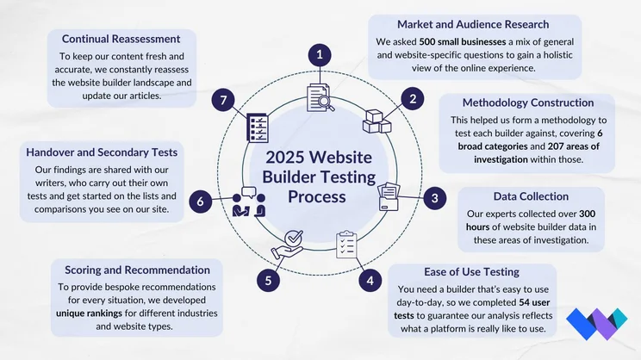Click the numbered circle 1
click(320, 55)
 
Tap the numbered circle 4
click(370, 281)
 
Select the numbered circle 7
click(223, 100)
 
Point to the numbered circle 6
click(200, 202)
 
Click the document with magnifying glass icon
click(320, 97)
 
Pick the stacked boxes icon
click(377, 121)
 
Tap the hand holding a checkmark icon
click(288, 244)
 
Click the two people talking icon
click(248, 202)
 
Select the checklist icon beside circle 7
click(258, 127)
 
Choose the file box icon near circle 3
click(389, 196)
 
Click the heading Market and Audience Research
click(473, 24)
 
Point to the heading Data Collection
click(531, 196)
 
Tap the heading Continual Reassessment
click(121, 39)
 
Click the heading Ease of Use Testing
click(471, 272)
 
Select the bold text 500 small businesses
click(463, 41)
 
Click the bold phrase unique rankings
click(89, 313)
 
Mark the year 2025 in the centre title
click(284, 158)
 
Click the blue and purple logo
click(597, 324)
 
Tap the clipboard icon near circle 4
click(346, 245)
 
